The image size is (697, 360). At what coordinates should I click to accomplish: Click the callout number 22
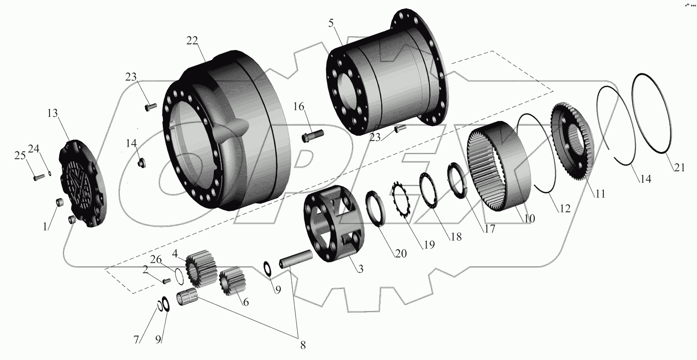[192, 41]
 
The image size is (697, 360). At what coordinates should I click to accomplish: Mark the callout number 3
[361, 269]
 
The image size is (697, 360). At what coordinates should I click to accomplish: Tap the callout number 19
[429, 245]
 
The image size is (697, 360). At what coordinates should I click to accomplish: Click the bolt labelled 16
[312, 137]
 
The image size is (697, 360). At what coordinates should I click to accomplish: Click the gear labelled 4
[201, 269]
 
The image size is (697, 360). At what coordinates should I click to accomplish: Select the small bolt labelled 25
[39, 178]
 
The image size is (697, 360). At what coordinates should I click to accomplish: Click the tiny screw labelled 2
[166, 280]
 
